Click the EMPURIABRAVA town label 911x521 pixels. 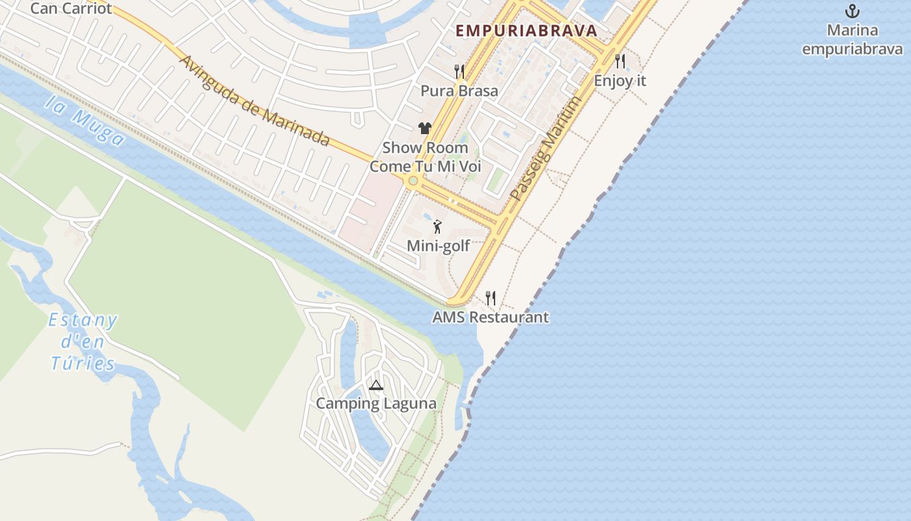pos(526,31)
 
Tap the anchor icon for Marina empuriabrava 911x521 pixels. pos(852,11)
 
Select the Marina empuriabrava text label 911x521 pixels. pos(852,40)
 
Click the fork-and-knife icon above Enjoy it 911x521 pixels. pos(620,61)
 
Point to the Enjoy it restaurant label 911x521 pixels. pos(620,81)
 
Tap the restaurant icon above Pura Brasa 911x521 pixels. pos(459,71)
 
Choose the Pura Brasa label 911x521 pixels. pos(459,91)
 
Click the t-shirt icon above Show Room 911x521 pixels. pos(425,128)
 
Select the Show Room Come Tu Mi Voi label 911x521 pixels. pos(426,157)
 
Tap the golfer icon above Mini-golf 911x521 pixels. pos(437,227)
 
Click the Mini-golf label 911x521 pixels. pos(438,246)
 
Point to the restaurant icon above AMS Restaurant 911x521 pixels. pos(491,298)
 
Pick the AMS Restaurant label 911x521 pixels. pos(491,317)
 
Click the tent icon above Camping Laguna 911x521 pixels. pos(375,385)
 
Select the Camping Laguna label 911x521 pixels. pos(376,404)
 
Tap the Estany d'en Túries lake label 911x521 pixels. pos(83,342)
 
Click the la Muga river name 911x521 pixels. pos(85,120)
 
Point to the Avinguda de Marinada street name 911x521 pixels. pos(254,101)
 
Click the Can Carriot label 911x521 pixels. pos(71,8)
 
